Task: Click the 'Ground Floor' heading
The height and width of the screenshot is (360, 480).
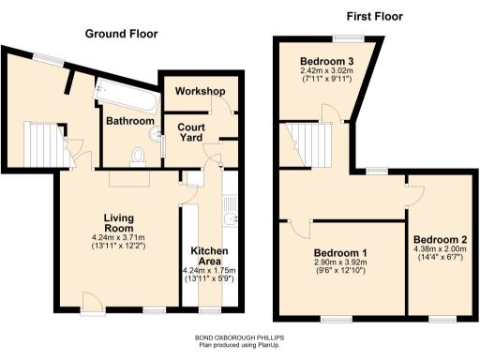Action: [x=121, y=34]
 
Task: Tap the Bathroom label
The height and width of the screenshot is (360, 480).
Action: [x=129, y=121]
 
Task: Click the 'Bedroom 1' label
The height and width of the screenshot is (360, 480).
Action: [x=339, y=254]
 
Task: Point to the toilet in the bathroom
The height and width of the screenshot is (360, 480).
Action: [x=138, y=155]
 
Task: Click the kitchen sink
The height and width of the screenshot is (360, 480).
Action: [x=230, y=221]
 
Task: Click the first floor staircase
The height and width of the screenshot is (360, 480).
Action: [x=305, y=142]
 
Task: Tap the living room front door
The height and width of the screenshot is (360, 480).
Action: [x=91, y=301]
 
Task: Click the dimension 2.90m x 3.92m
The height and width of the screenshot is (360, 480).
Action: [x=339, y=265]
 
